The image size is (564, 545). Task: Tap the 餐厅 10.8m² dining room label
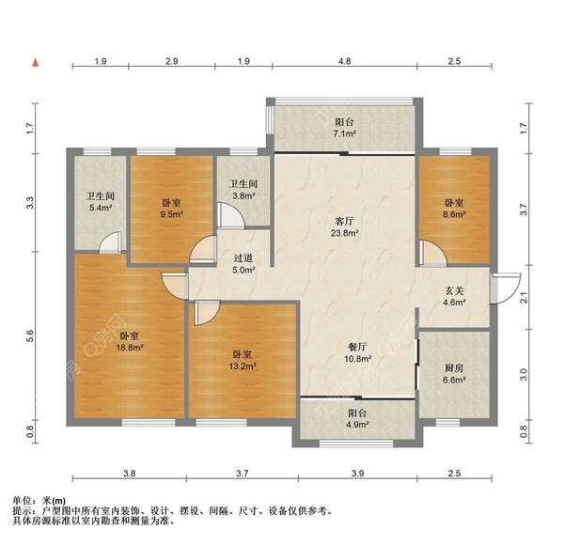click(356, 352)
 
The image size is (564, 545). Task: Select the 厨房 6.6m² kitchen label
click(453, 374)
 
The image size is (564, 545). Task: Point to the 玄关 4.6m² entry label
click(454, 296)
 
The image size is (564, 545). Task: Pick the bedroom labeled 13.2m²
click(243, 360)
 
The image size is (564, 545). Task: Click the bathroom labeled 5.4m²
click(100, 202)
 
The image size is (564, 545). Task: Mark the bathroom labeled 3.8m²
click(243, 190)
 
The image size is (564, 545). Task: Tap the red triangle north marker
click(36, 63)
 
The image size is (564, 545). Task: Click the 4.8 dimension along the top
click(345, 61)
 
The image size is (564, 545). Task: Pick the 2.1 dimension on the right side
click(525, 298)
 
